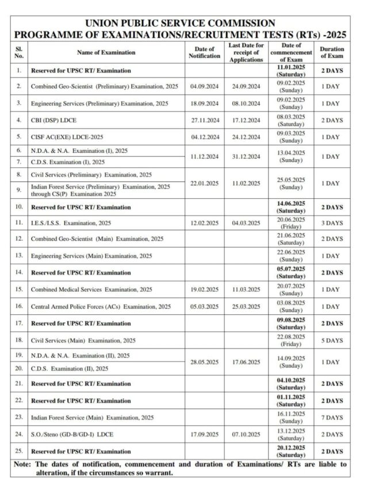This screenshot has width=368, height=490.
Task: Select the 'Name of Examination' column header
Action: click(106, 52)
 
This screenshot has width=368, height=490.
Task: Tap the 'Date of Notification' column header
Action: click(204, 52)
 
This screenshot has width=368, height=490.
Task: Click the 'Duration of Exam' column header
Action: click(332, 52)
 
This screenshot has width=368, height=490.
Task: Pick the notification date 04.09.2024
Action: click(204, 87)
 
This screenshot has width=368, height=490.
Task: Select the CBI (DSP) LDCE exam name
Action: click(54, 121)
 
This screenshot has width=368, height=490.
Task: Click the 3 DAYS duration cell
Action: click(332, 223)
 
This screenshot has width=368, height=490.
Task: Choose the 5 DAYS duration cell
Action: click(332, 341)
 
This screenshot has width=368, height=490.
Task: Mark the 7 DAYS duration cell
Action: click(332, 418)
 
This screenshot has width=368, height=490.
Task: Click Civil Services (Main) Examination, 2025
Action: click(83, 341)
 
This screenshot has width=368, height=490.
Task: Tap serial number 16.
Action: click(19, 307)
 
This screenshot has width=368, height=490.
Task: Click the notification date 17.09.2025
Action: click(204, 435)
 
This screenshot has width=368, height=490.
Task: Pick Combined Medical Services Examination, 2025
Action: click(91, 290)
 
